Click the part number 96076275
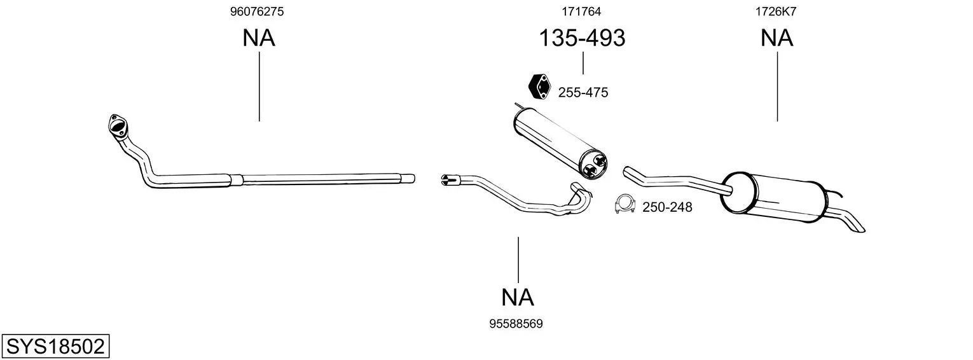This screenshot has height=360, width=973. (x=257, y=11)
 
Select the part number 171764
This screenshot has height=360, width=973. (x=581, y=11)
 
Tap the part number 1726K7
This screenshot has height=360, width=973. (x=776, y=11)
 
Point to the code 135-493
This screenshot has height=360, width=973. (x=582, y=38)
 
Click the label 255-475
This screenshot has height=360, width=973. (x=583, y=92)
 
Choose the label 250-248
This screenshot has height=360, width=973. (x=667, y=207)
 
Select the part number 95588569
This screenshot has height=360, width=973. (x=516, y=324)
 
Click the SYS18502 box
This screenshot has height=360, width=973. (x=55, y=347)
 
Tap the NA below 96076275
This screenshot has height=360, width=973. (x=258, y=38)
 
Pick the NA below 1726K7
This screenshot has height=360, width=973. (x=776, y=38)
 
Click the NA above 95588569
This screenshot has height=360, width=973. (x=517, y=297)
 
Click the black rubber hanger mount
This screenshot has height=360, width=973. (x=539, y=87)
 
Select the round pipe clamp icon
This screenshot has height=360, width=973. (x=626, y=205)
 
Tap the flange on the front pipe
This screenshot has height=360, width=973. (x=117, y=125)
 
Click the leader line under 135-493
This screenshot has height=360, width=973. (x=583, y=63)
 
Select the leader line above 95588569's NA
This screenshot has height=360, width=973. (x=518, y=260)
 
